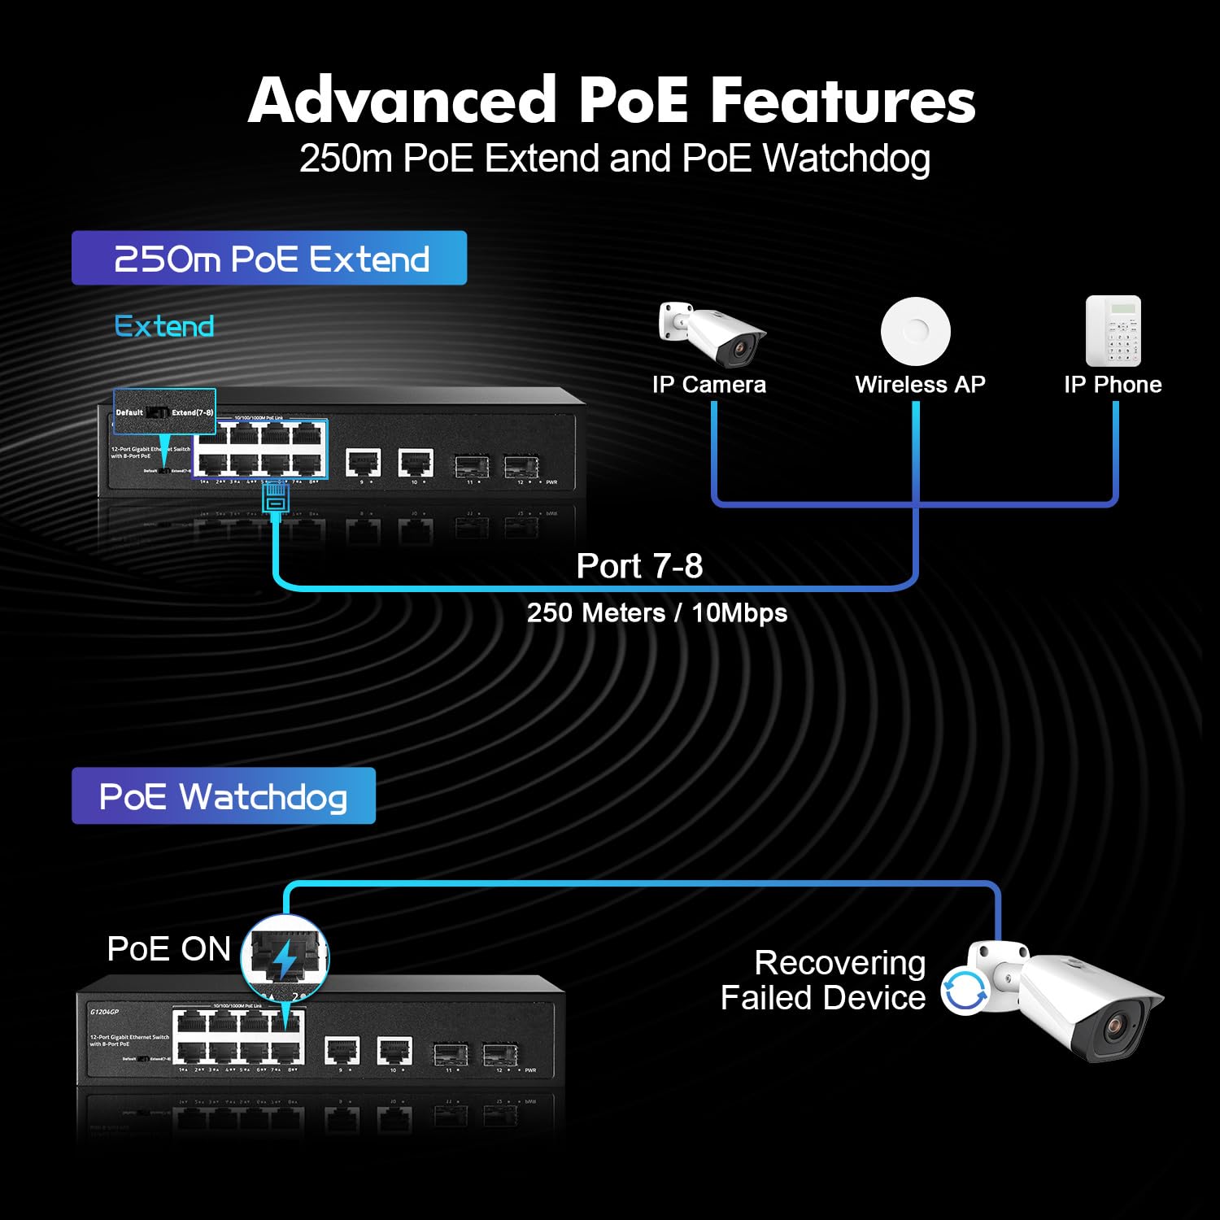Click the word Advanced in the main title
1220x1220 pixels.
pos(403,100)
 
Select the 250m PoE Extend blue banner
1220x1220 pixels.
pos(269,259)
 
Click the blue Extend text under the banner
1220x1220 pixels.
pos(164,327)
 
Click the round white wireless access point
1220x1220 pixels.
pos(916,331)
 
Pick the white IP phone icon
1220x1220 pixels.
pos(1113,331)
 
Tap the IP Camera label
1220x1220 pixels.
pos(708,385)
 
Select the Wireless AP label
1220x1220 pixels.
pos(920,385)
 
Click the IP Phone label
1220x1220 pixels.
pos(1113,385)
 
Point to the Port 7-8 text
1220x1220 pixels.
pos(639,566)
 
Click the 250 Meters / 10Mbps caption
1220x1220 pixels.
pos(656,612)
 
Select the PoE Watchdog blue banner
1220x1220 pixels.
pos(224,796)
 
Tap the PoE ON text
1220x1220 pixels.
pos(169,949)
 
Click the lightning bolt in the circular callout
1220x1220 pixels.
pos(285,958)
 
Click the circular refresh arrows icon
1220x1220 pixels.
pos(965,991)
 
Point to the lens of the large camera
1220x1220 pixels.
pos(1114,1027)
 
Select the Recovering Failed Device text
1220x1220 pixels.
pos(823,980)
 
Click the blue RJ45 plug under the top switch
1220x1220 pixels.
pos(276,497)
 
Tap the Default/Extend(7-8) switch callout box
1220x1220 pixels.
pos(164,412)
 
